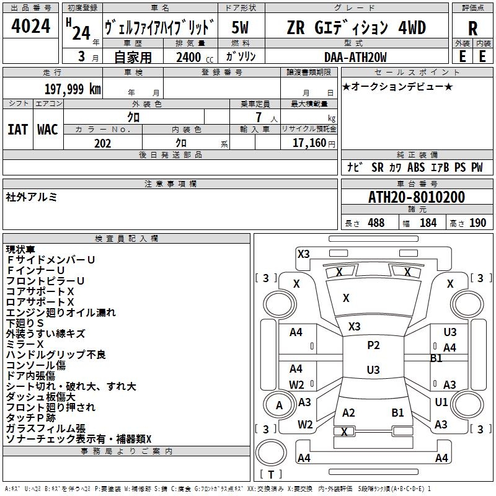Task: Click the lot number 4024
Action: pyautogui.click(x=31, y=27)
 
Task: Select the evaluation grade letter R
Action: pyautogui.click(x=472, y=29)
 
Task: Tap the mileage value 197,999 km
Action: pyautogui.click(x=73, y=89)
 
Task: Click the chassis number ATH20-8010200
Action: pyautogui.click(x=417, y=197)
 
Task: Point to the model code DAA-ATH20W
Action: pyautogui.click(x=355, y=57)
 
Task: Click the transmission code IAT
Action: pyautogui.click(x=18, y=130)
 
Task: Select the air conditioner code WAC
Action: pyautogui.click(x=48, y=130)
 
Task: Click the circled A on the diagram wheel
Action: pyautogui.click(x=279, y=405)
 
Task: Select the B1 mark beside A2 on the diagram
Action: pyautogui.click(x=397, y=412)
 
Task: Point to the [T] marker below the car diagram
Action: pyautogui.click(x=270, y=474)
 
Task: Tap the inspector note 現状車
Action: pyautogui.click(x=20, y=249)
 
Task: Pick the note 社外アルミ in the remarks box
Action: pyautogui.click(x=32, y=197)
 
